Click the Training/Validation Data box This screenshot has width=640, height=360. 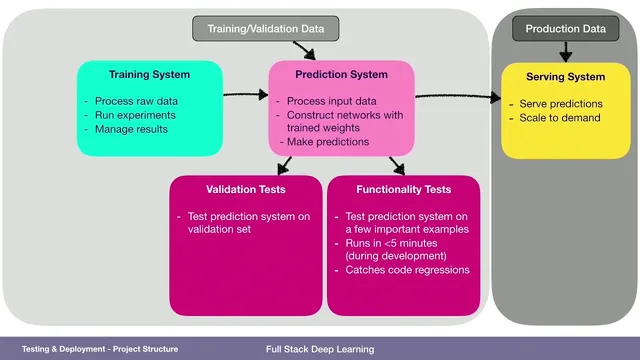(x=265, y=29)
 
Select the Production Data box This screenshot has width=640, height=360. (x=565, y=29)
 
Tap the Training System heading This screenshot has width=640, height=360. (x=149, y=75)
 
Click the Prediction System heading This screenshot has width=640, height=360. (x=341, y=75)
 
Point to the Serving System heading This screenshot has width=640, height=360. (x=565, y=76)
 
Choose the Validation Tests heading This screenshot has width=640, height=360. (x=245, y=188)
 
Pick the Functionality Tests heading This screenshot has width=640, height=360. (x=403, y=188)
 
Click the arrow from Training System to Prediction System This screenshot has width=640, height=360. (x=245, y=97)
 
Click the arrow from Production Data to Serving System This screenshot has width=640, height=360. (x=565, y=50)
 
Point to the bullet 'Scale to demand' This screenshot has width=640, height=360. (x=560, y=118)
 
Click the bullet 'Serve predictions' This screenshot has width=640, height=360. (x=561, y=104)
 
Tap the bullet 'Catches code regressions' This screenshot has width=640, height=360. (x=408, y=269)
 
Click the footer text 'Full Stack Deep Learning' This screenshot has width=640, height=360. (x=320, y=349)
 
